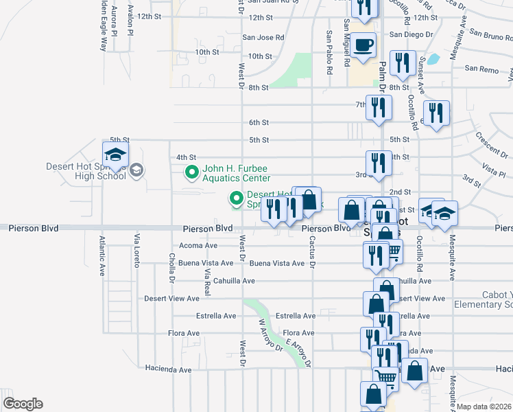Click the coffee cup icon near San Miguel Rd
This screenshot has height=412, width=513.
364,45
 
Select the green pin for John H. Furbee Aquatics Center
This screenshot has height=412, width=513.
191,172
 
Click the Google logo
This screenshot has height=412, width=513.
23,403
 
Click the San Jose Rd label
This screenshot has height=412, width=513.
263,38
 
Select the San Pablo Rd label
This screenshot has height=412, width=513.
329,52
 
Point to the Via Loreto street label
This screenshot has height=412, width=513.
136,249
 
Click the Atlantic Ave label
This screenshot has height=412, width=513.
102,256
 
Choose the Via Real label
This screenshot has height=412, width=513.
206,282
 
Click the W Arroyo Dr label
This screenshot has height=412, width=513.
270,334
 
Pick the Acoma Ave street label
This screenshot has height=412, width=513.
198,245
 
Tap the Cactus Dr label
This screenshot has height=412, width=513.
312,251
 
